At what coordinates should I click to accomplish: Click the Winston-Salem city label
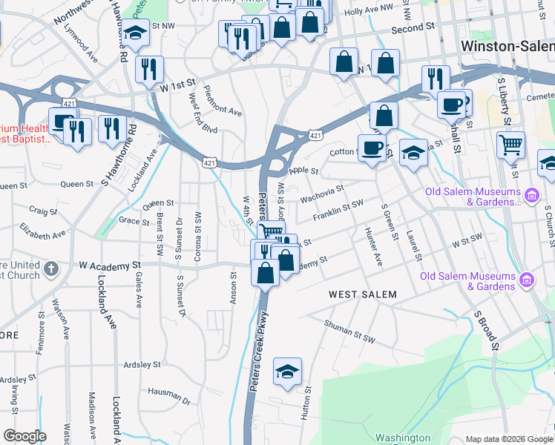click(508, 45)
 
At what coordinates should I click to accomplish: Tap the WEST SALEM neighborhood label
click(363, 294)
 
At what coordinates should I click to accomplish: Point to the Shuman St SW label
click(350, 331)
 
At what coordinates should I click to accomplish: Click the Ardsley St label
click(142, 365)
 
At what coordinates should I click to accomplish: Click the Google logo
click(24, 436)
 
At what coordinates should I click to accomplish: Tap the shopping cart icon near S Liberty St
click(510, 145)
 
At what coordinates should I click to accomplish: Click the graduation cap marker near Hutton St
click(288, 371)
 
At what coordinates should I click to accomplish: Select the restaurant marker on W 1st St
click(150, 69)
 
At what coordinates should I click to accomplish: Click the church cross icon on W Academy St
click(50, 268)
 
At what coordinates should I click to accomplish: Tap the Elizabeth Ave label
click(42, 231)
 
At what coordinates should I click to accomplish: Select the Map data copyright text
click(509, 439)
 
